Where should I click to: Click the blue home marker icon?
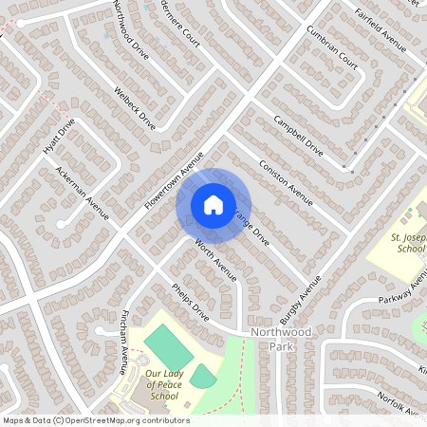coord(213,204)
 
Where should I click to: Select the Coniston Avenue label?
coord(286,182)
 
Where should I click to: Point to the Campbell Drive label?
coord(298,136)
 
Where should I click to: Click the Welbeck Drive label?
coord(134,107)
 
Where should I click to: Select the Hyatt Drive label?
coord(58,139)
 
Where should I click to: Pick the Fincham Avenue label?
coord(124,339)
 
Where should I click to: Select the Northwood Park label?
coord(281,341)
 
